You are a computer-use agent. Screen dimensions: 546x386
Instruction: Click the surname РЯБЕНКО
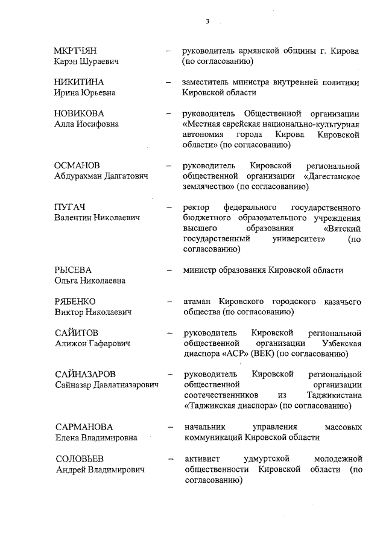[x=75, y=301]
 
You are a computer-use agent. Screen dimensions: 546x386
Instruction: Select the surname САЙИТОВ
[x=76, y=332]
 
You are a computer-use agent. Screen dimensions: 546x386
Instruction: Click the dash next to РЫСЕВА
[x=169, y=270]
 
